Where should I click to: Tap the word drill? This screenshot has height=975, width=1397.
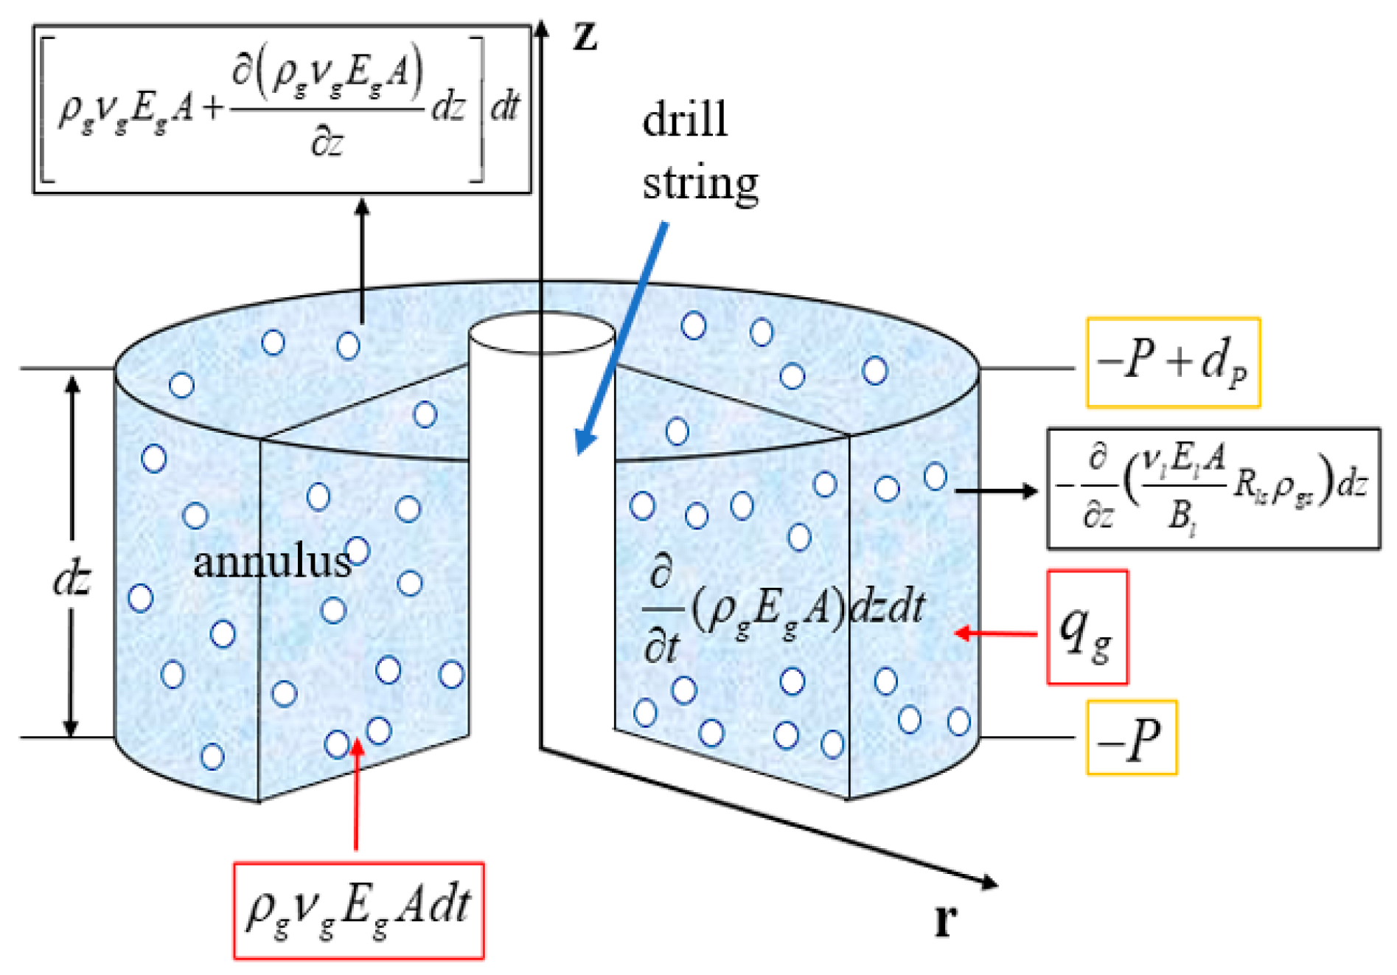685,119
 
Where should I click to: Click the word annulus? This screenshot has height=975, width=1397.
271,563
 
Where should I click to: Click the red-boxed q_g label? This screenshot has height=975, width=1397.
1087,628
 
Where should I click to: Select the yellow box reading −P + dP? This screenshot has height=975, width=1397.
1173,363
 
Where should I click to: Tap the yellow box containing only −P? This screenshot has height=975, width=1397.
1131,738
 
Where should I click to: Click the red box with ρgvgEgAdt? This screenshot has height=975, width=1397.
359,910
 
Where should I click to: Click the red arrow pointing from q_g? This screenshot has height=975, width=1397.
995,633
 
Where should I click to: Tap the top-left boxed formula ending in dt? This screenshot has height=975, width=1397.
282,109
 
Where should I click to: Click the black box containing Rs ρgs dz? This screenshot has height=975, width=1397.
1213,488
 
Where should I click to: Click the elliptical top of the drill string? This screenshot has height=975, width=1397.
542,333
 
